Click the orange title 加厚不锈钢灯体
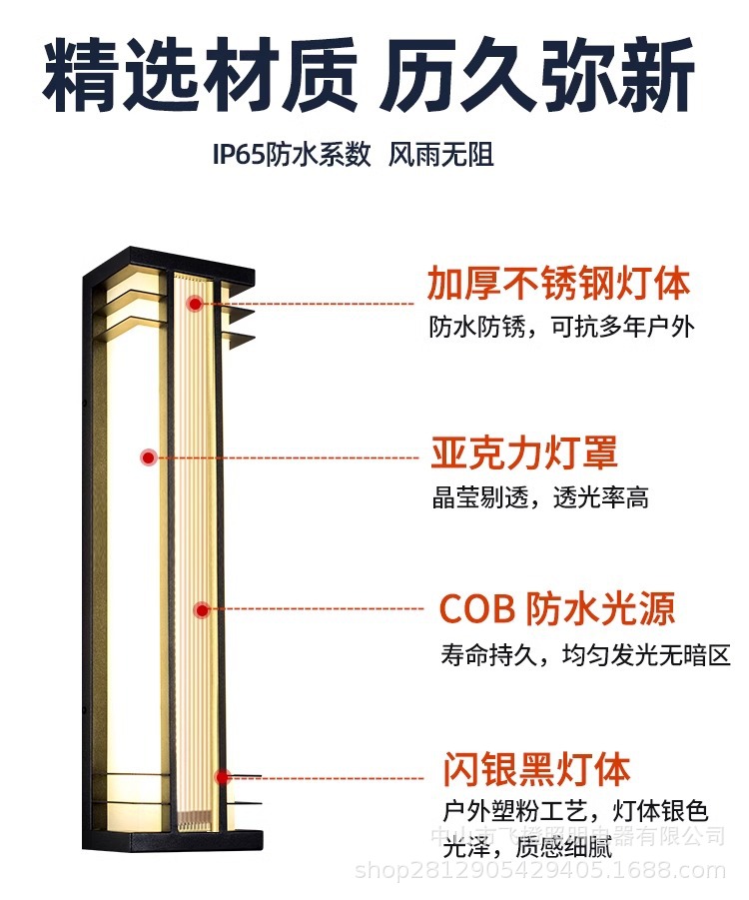point(558,284)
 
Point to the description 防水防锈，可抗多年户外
point(561,327)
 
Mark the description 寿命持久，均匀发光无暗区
point(585,655)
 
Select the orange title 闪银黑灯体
point(536,770)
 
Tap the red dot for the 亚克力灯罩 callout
point(149,457)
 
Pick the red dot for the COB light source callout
point(202,609)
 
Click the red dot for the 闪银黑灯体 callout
point(223,776)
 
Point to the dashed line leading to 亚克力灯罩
point(290,457)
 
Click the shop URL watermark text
point(540,872)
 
